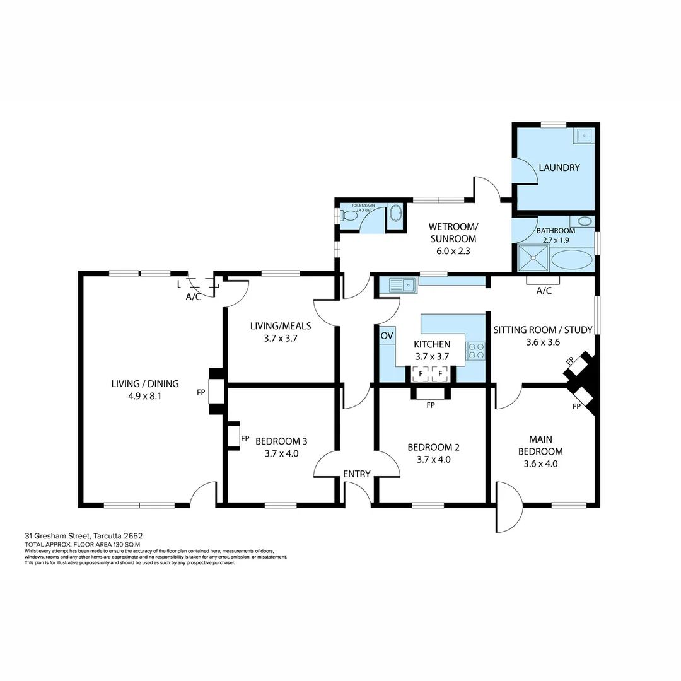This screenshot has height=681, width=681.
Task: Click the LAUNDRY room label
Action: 559,168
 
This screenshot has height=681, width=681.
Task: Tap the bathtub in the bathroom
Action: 571,260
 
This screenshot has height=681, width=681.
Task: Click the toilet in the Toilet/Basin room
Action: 349,215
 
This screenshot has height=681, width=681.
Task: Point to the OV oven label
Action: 387,335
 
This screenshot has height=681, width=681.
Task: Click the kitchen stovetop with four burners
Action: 475,351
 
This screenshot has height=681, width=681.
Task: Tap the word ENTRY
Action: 356,474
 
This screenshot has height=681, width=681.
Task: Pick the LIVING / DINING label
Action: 145,383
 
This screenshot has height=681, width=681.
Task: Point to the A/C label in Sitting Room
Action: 544,291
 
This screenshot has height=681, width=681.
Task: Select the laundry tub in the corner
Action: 584,135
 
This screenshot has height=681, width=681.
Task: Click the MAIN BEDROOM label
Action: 540,446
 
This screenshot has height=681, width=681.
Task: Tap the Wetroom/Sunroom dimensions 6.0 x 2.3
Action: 452,250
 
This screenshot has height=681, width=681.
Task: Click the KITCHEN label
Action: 432,344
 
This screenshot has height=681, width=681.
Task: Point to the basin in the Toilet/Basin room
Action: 395,214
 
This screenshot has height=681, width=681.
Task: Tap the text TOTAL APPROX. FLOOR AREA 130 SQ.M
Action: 82,544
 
